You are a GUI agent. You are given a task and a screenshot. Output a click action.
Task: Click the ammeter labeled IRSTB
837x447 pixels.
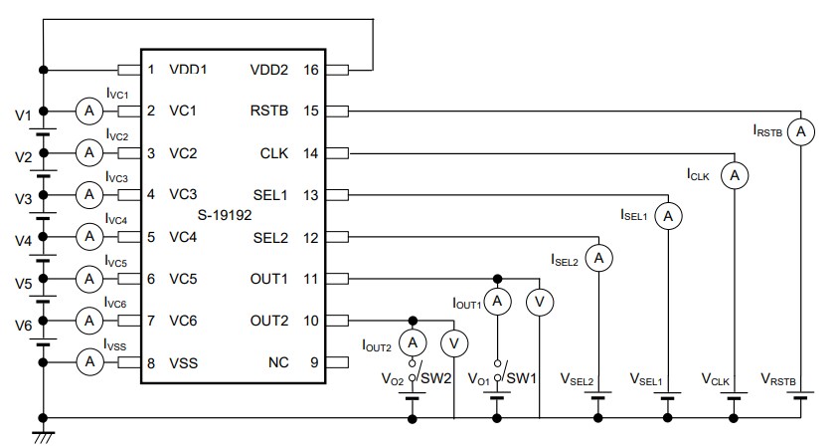(801, 131)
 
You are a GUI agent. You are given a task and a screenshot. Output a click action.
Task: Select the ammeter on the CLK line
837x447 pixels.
(735, 175)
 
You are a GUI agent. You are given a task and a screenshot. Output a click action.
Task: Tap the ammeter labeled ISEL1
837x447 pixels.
(669, 215)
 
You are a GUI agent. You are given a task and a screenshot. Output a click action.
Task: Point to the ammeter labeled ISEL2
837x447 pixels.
(598, 258)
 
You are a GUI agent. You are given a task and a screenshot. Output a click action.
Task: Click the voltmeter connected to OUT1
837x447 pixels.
(539, 301)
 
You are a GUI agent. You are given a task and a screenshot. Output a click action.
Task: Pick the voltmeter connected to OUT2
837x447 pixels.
(454, 342)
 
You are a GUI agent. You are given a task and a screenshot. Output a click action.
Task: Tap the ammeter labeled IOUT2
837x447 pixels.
(413, 342)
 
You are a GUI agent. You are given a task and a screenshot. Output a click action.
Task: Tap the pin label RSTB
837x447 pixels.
(269, 111)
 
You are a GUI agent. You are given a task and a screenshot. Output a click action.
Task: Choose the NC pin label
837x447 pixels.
(277, 362)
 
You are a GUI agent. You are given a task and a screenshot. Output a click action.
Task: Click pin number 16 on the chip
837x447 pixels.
(311, 70)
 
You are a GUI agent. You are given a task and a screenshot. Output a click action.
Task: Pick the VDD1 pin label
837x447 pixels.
(188, 70)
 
